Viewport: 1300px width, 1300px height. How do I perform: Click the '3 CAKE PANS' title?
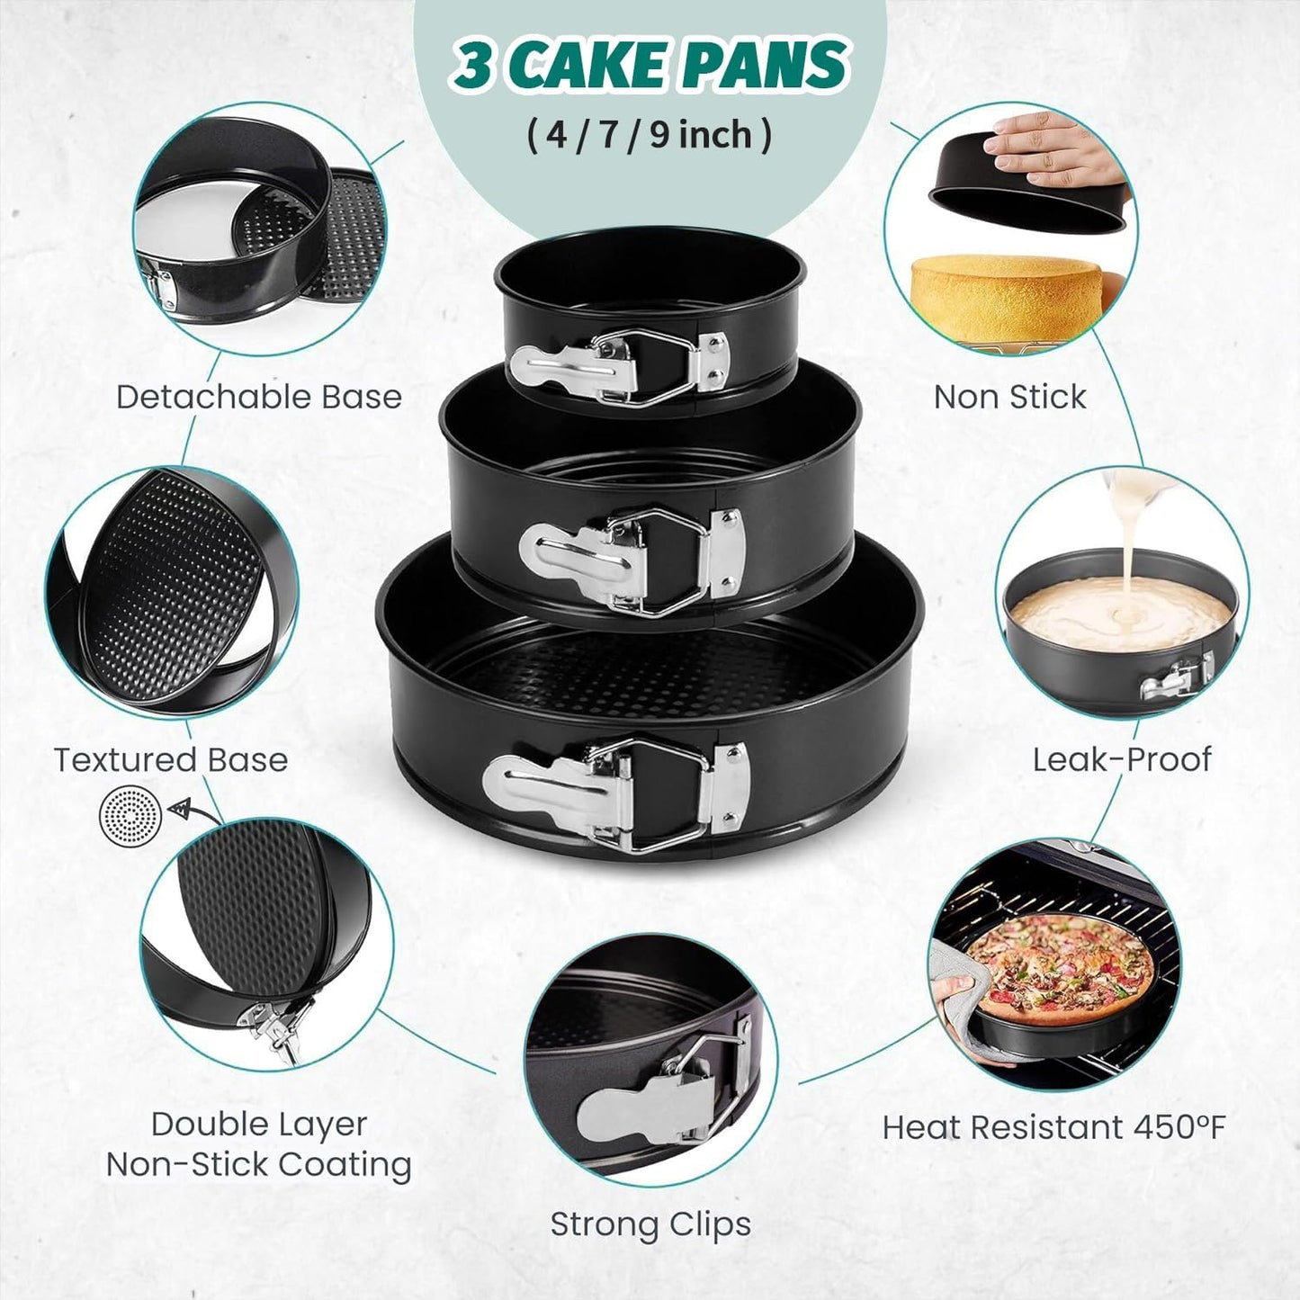click(x=650, y=65)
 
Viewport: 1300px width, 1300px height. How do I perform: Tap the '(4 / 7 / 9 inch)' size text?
click(x=650, y=135)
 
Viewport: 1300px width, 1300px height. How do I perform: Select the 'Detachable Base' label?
click(x=259, y=397)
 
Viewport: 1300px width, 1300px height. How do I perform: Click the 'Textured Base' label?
click(x=171, y=759)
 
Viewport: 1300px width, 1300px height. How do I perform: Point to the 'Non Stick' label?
click(x=1009, y=397)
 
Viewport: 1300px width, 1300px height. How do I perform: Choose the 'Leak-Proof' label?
click(x=1121, y=759)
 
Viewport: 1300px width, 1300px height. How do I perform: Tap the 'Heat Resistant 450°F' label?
click(x=1053, y=1126)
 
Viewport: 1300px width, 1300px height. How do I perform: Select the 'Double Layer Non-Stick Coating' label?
click(x=259, y=1144)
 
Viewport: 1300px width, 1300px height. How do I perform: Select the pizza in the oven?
click(x=1062, y=966)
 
